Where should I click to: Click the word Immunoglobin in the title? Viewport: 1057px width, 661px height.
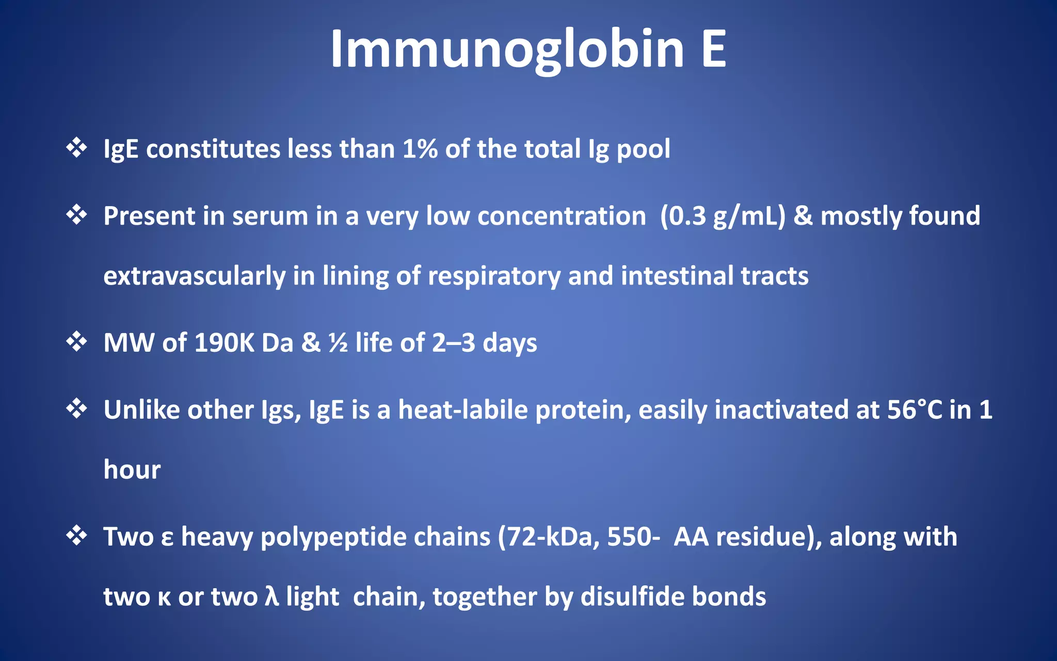click(x=507, y=49)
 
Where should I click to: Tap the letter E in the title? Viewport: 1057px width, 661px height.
click(x=714, y=49)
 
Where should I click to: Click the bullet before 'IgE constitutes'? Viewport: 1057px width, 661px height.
click(x=76, y=148)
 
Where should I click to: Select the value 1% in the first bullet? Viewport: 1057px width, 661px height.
click(x=420, y=149)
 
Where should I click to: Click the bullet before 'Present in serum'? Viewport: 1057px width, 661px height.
click(x=76, y=214)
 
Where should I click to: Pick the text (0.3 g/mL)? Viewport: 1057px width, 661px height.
click(x=723, y=216)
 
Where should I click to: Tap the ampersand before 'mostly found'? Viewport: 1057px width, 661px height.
click(x=803, y=216)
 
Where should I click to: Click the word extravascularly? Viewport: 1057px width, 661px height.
click(x=194, y=276)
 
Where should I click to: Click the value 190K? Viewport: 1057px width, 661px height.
click(x=224, y=343)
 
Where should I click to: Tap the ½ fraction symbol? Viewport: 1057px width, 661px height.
click(x=338, y=343)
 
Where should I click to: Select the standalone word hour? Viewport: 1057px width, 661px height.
click(x=132, y=470)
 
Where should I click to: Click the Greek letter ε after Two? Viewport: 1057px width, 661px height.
click(x=167, y=538)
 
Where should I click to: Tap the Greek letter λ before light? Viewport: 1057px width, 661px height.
click(x=271, y=597)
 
